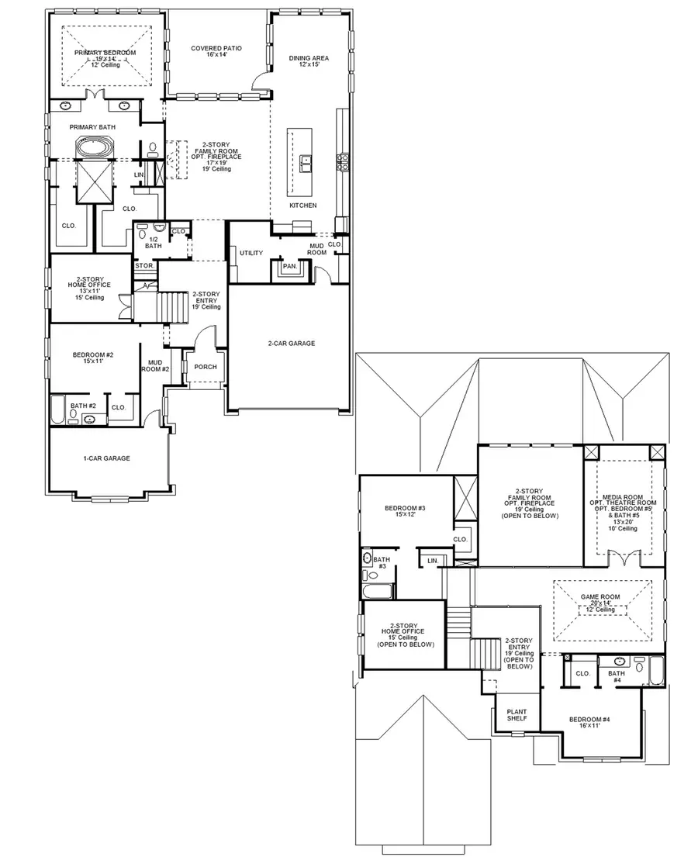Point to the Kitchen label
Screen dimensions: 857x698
(x=303, y=206)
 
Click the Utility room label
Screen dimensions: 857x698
(x=251, y=253)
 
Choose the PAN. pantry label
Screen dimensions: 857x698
(x=289, y=266)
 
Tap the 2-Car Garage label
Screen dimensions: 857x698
(x=292, y=343)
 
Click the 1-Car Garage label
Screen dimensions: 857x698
(x=107, y=458)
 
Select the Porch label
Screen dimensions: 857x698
(x=206, y=367)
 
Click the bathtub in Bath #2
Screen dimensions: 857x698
(x=60, y=409)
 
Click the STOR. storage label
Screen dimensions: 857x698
(x=143, y=266)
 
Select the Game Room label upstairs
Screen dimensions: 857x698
(x=602, y=599)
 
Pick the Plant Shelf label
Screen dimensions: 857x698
(x=517, y=714)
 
